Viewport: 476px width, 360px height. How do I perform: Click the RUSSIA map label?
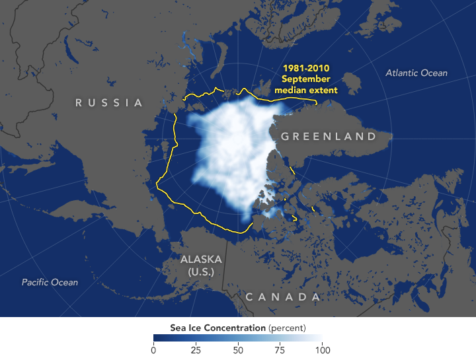[109, 102]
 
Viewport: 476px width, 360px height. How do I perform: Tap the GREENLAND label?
[329, 137]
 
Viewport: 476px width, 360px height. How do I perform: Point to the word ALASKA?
[201, 259]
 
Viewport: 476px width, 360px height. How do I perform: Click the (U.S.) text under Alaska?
[201, 271]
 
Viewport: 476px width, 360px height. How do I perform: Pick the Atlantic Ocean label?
[416, 73]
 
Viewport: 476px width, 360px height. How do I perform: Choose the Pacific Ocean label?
[50, 282]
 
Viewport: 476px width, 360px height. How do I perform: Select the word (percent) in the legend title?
[287, 328]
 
